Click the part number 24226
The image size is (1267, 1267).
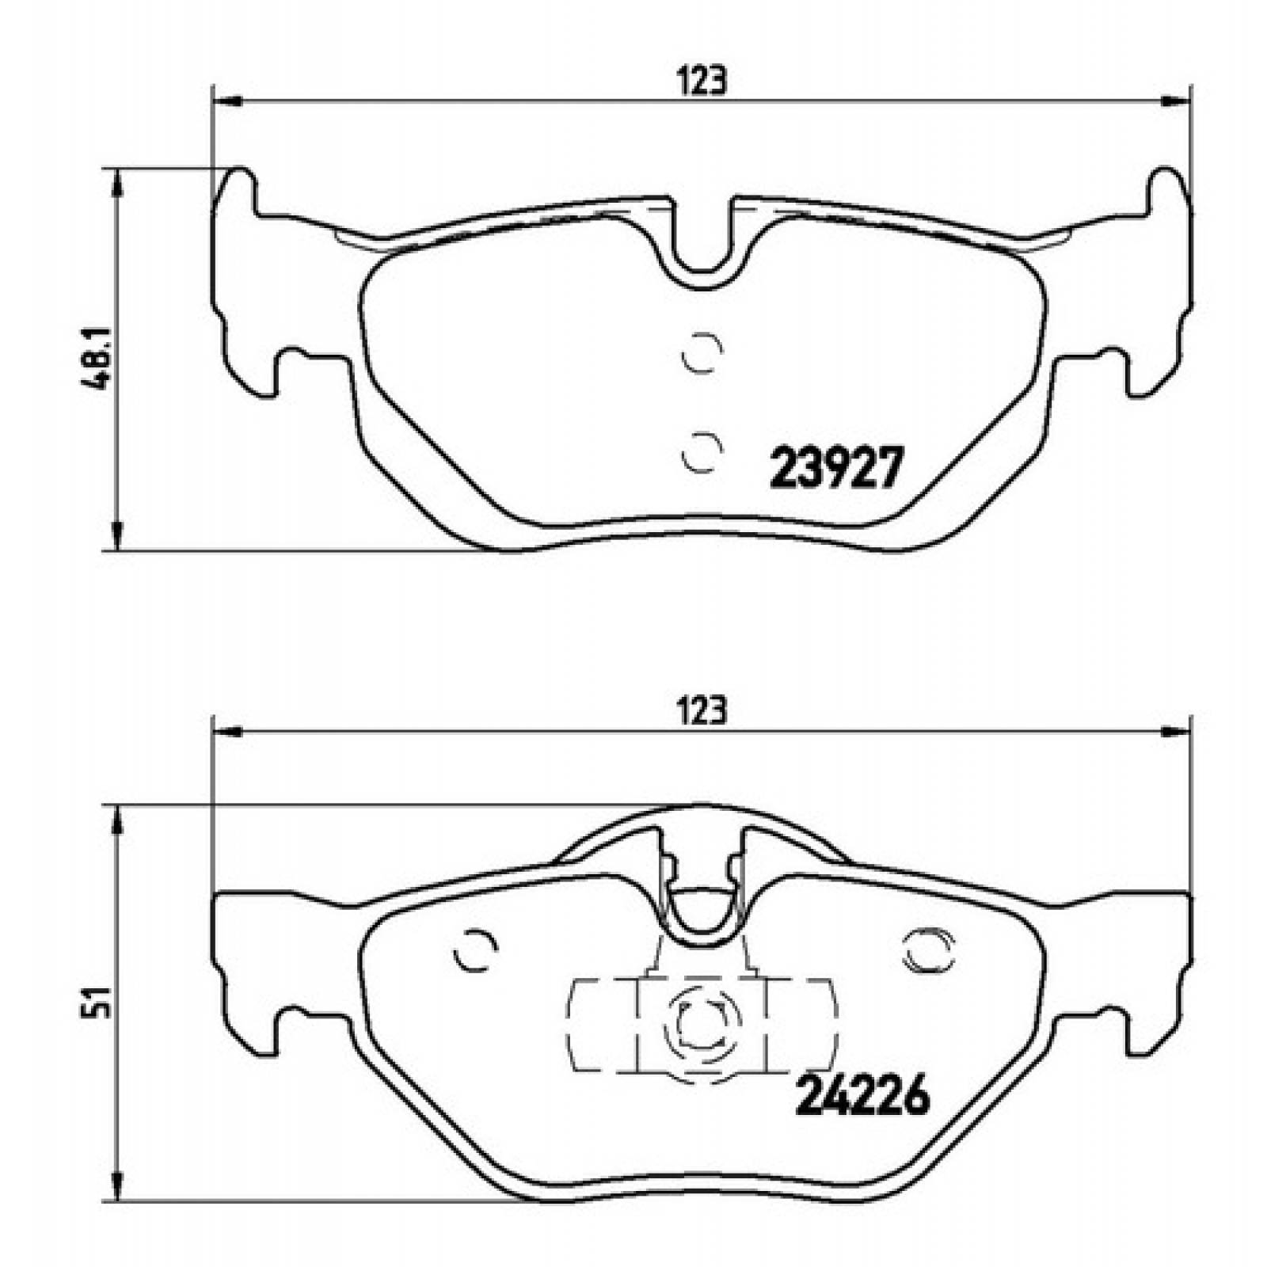[861, 1098]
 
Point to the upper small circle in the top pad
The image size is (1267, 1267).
[702, 352]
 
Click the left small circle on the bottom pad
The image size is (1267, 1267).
[475, 949]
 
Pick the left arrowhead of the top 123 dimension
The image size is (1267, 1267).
[226, 101]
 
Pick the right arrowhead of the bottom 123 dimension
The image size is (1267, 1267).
[1178, 732]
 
